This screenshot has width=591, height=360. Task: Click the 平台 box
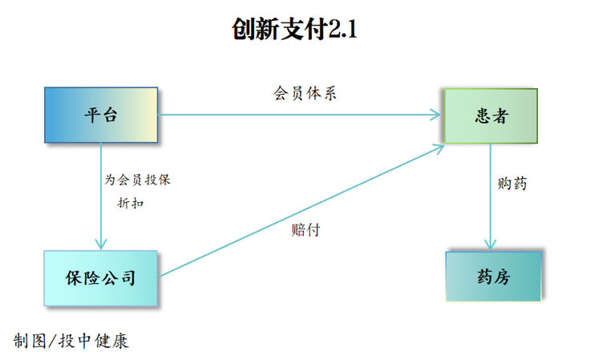[101, 115]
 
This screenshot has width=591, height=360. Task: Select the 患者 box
[491, 116]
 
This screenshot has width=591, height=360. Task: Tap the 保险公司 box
[100, 278]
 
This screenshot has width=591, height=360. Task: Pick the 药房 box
[493, 277]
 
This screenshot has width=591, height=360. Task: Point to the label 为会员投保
[138, 180]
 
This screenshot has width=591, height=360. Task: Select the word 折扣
[131, 203]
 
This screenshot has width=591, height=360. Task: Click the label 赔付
[306, 229]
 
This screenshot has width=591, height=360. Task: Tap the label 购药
[512, 184]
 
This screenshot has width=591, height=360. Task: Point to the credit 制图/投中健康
[71, 341]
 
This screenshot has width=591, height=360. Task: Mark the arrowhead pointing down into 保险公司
[101, 243]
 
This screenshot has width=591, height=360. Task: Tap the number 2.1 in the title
[342, 30]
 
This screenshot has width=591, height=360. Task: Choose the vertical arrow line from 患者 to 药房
[491, 192]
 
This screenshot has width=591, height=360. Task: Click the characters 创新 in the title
[255, 30]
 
